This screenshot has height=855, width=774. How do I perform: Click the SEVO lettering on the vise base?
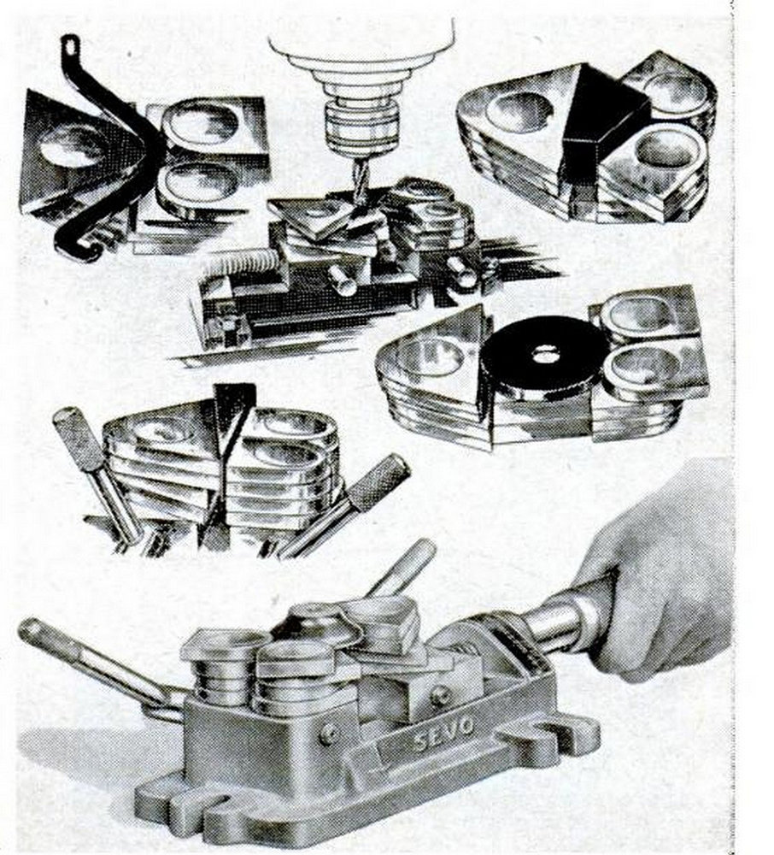pyautogui.click(x=443, y=734)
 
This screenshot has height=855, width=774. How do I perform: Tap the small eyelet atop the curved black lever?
pyautogui.click(x=70, y=46)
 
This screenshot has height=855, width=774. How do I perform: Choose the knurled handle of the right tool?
pyautogui.click(x=378, y=481)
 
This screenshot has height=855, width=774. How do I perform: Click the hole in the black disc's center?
pyautogui.click(x=542, y=356)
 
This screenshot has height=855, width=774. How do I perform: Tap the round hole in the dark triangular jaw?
pyautogui.click(x=68, y=146)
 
